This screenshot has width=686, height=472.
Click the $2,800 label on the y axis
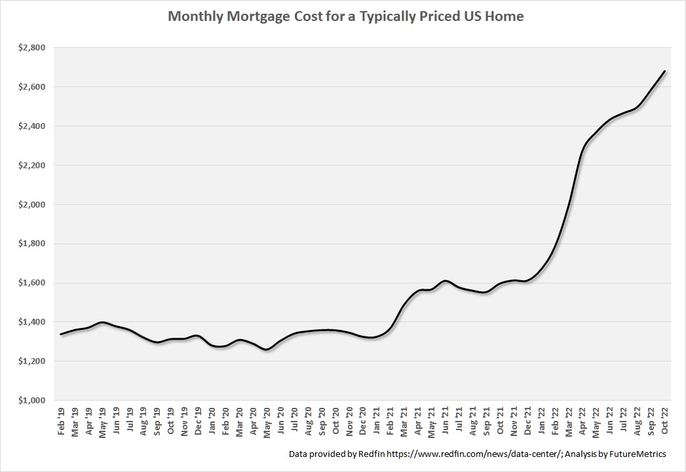31,48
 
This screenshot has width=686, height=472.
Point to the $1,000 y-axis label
31,401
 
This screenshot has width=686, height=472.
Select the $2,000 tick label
31,205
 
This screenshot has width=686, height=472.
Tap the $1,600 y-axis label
31,283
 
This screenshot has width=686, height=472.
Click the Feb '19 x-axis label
62,420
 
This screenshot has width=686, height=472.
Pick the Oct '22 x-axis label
664,420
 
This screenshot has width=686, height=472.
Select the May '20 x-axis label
267,420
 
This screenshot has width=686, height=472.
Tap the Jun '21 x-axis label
446,420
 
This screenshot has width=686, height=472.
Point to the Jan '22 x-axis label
541,420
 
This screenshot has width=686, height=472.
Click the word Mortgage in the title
248,17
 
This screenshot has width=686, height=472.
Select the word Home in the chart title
504,16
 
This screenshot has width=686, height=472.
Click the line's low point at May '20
267,350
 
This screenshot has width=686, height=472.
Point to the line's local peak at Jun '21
445,281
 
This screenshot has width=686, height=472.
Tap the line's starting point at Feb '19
61,335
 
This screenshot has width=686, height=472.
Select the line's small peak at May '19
102,323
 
